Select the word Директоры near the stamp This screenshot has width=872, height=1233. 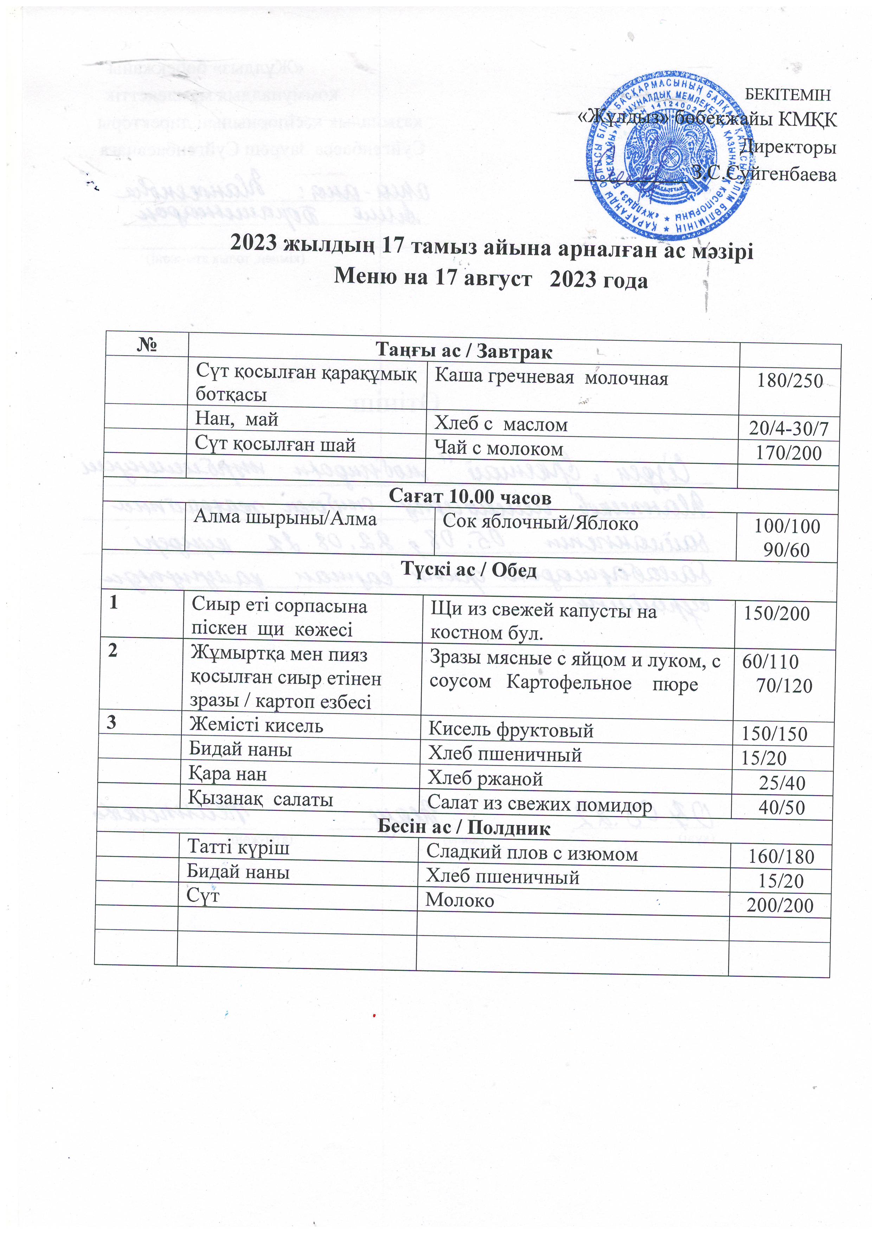click(788, 147)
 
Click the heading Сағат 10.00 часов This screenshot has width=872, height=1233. click(470, 497)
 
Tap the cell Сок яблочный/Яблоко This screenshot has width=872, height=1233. click(540, 524)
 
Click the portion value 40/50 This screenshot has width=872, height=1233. click(782, 807)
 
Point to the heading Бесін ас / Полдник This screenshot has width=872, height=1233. click(464, 827)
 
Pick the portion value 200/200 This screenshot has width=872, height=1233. click(780, 905)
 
